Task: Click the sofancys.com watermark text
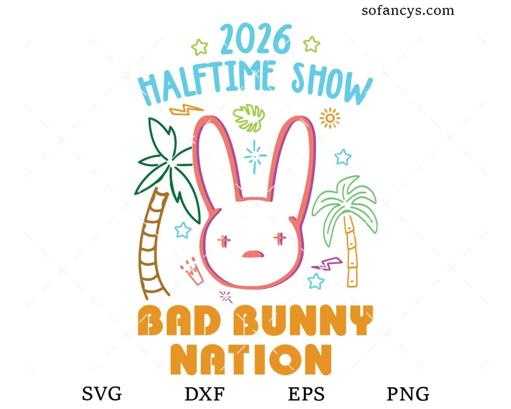pyautogui.click(x=408, y=10)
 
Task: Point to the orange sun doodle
pyautogui.click(x=330, y=118)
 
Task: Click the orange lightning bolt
pyautogui.click(x=186, y=109)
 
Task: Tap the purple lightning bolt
pyautogui.click(x=326, y=263)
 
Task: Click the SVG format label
pyautogui.click(x=102, y=394)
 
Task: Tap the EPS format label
pyautogui.click(x=306, y=394)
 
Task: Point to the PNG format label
pyautogui.click(x=407, y=394)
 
